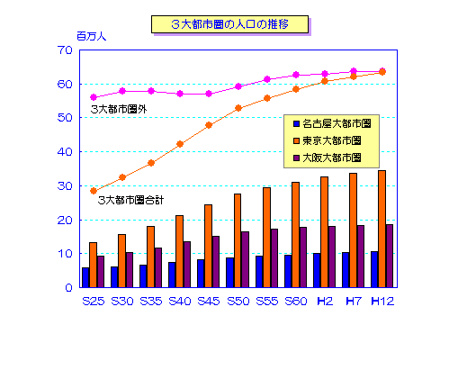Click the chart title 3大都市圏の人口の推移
coord(230,23)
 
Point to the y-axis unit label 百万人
coord(91,37)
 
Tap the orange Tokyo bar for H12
coord(382,229)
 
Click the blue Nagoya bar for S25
coord(85,277)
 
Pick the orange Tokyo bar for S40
coord(179,251)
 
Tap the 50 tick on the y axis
coord(66,118)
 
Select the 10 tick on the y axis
coord(66,254)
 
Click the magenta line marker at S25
coord(93,97)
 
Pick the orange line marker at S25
coord(93,191)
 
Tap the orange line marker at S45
coord(209,125)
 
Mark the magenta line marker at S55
coord(266,79)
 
